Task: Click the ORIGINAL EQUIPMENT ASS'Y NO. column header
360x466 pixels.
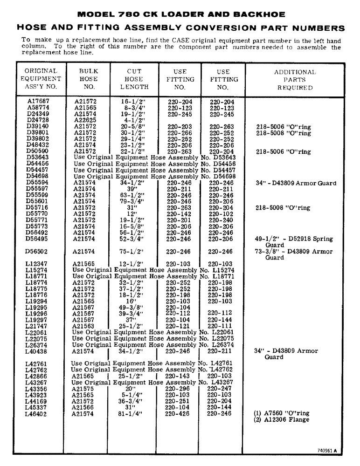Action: [41, 79]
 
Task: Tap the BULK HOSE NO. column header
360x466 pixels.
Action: [88, 79]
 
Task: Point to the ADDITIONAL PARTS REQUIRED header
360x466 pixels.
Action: [295, 79]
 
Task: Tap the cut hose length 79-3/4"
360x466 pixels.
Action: [132, 201]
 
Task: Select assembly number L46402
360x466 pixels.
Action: [36, 413]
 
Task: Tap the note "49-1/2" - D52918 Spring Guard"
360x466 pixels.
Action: [294, 242]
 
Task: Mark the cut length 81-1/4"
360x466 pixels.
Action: [130, 413]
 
